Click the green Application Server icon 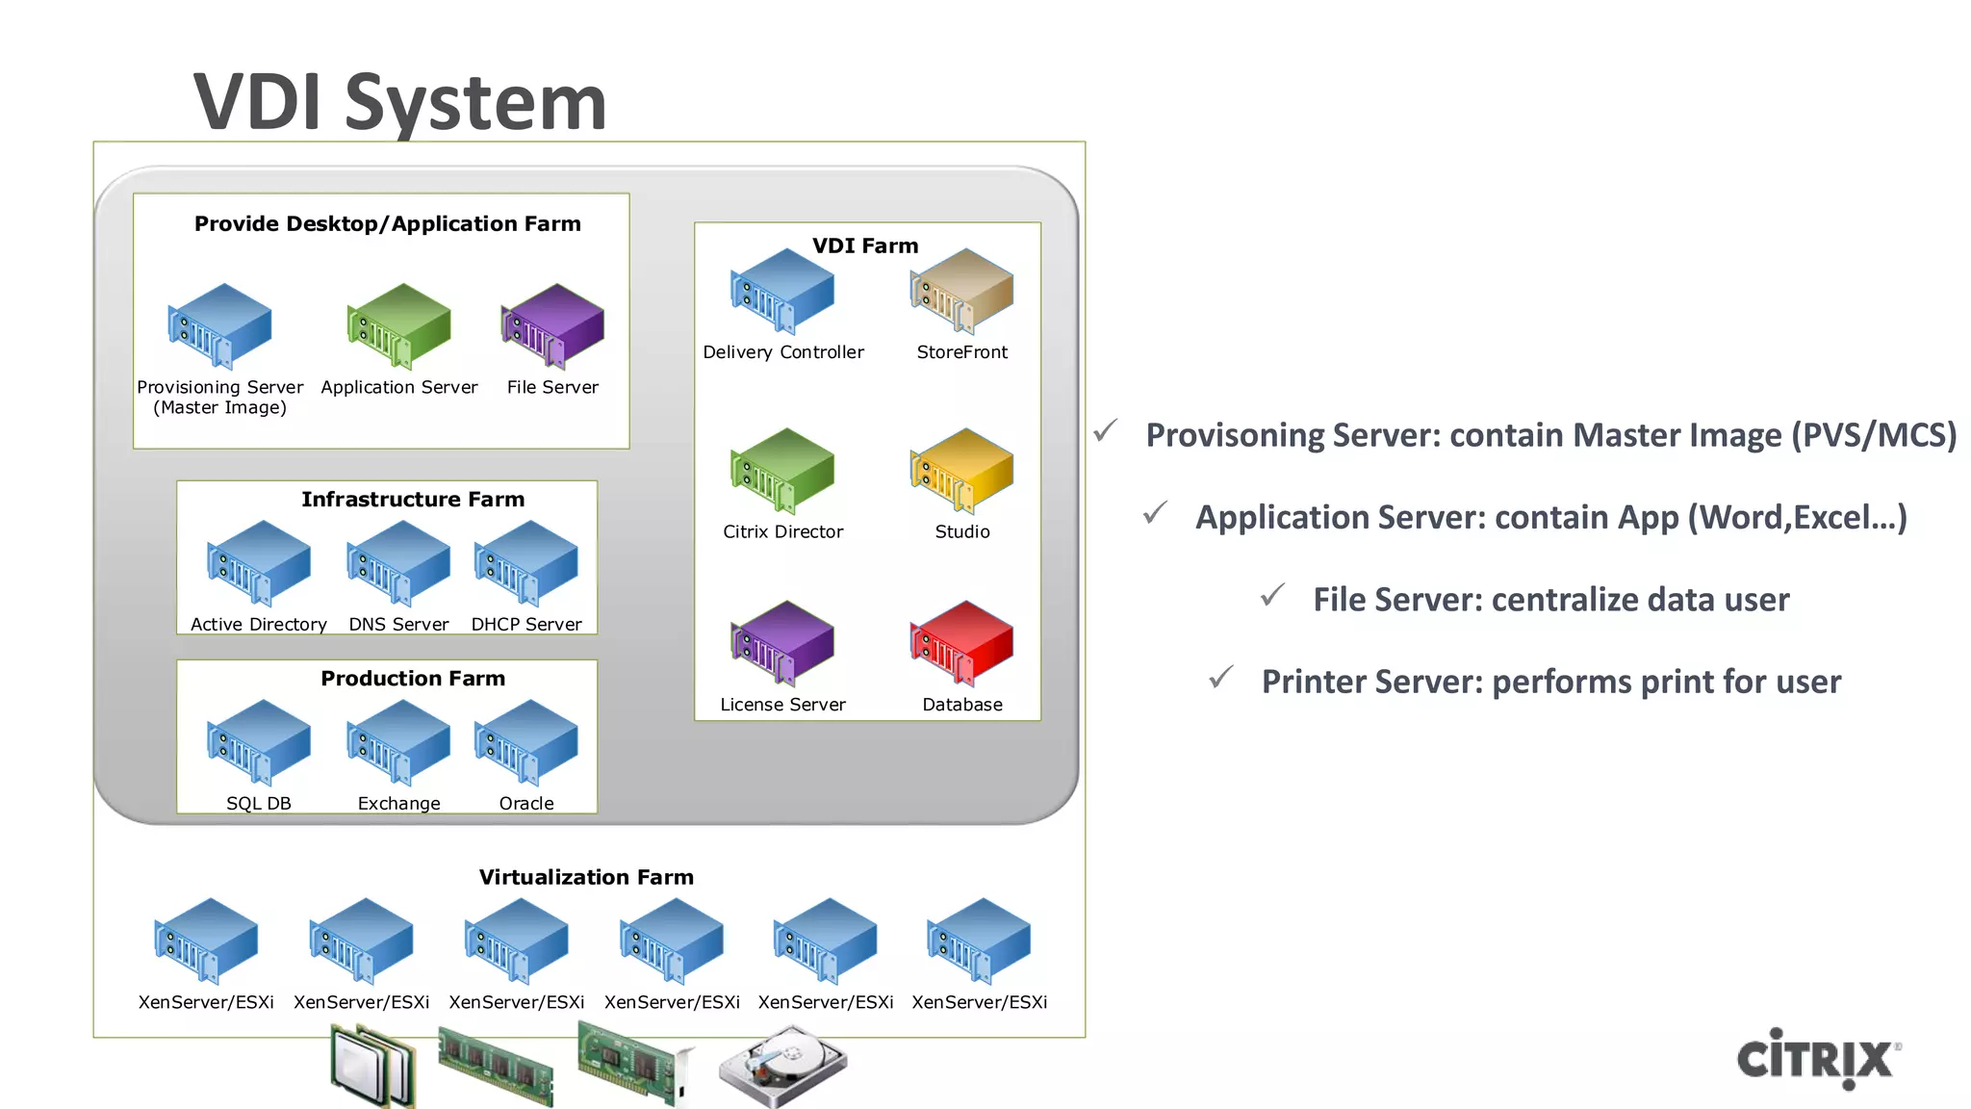coord(398,325)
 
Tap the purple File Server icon coord(552,325)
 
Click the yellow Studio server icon coord(961,470)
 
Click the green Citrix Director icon coord(782,470)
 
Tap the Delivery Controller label coord(782,352)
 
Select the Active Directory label coord(258,624)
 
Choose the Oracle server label coord(526,803)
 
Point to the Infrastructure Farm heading coord(413,499)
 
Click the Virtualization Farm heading coord(586,877)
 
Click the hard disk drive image coord(781,1066)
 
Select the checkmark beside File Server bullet coord(1272,596)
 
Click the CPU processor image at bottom coord(373,1066)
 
